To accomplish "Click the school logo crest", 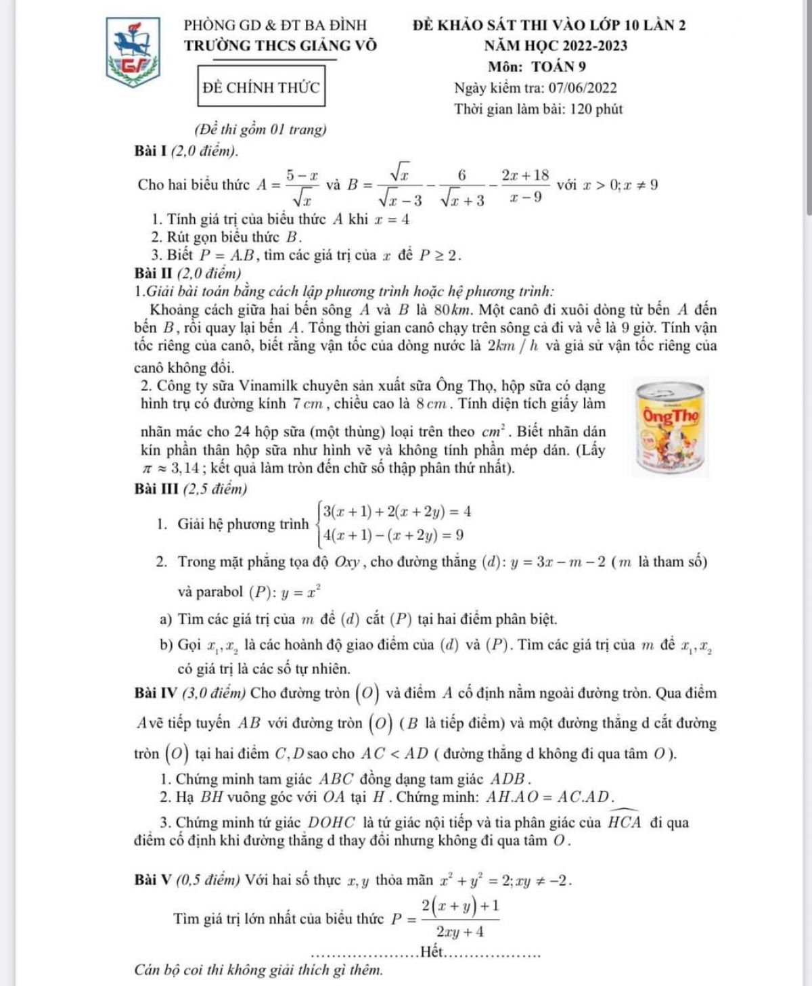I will tap(133, 53).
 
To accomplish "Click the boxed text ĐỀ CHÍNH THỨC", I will tap(261, 87).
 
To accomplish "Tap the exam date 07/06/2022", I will tap(583, 87).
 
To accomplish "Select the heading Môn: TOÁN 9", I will tap(537, 66).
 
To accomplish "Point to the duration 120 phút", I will tap(596, 109).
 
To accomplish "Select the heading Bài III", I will tap(157, 488).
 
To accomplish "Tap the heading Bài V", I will tap(154, 880).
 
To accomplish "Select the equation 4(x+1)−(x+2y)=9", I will tap(393, 535).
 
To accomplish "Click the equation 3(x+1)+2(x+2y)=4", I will tap(397, 511).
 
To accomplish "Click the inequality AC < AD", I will tap(394, 753).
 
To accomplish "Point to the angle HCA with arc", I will tap(624, 822).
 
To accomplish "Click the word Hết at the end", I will tap(430, 952).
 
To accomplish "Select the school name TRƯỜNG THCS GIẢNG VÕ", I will tap(281, 45).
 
